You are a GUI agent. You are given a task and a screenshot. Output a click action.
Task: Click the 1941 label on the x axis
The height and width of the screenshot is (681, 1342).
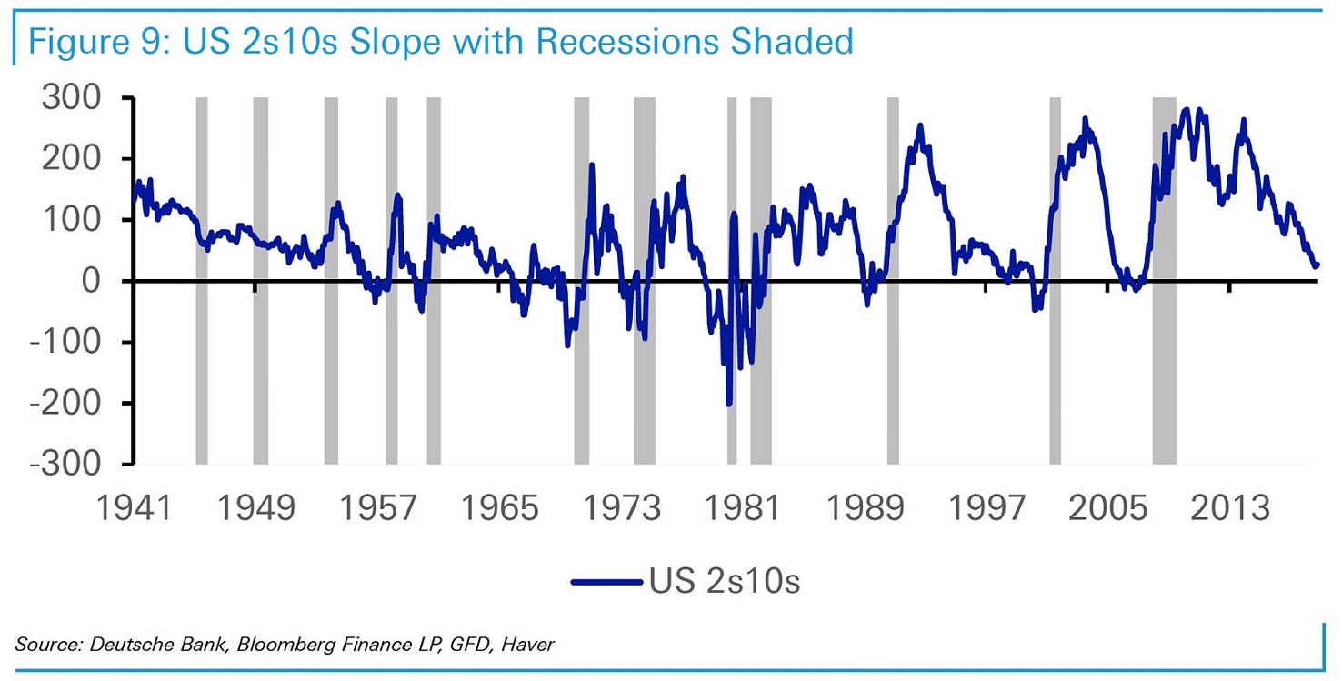tap(134, 507)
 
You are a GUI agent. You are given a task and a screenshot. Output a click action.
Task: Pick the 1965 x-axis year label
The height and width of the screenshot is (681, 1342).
tap(499, 507)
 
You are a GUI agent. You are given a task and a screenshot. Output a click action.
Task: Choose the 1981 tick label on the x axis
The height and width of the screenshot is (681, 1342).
tap(742, 507)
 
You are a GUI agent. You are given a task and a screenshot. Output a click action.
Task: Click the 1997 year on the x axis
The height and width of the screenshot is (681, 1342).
tap(986, 507)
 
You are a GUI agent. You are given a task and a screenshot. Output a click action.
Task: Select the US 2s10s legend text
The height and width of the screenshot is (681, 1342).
tap(725, 581)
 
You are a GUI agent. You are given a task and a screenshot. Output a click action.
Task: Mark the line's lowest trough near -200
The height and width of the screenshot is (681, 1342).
tap(729, 404)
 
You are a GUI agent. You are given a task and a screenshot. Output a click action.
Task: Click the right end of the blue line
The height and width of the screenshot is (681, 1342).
tap(1317, 265)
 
